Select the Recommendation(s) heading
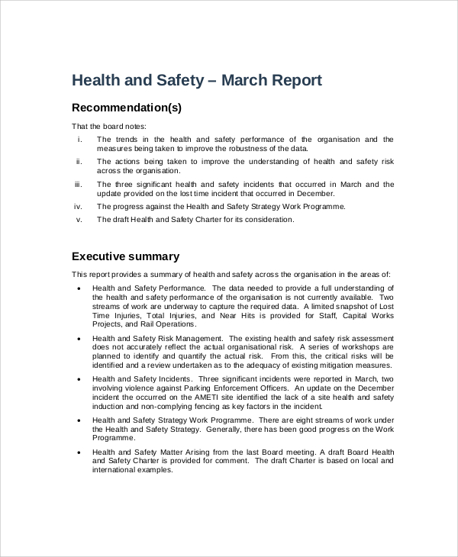(126, 108)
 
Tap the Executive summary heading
(125, 256)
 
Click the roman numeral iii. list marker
(78, 185)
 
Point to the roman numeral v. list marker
(79, 220)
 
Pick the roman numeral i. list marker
(79, 140)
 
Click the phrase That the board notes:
(108, 126)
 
